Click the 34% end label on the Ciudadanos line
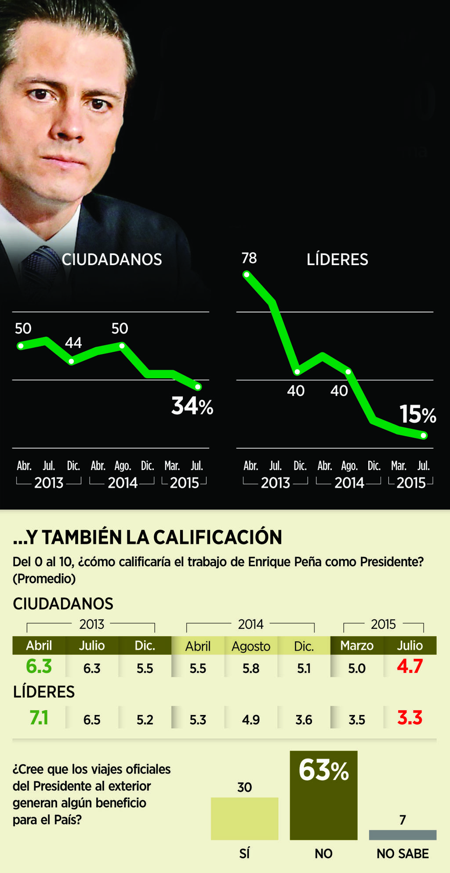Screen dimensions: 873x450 (192, 406)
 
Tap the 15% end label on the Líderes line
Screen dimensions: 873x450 (417, 414)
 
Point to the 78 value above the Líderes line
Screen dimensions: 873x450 (249, 258)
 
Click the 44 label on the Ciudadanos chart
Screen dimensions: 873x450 (73, 343)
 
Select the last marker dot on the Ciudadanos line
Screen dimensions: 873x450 (198, 387)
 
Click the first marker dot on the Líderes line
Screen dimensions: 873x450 (247, 275)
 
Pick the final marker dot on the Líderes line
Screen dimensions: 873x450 (424, 435)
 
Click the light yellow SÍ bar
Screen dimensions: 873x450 (244, 819)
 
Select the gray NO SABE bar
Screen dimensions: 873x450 (403, 835)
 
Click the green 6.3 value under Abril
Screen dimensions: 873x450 (39, 666)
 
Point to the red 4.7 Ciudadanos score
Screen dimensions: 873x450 (410, 666)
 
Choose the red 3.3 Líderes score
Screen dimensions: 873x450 (410, 718)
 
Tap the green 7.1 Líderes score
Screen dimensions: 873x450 (39, 718)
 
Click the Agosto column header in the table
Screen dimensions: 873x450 (251, 646)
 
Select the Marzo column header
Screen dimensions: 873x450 (357, 646)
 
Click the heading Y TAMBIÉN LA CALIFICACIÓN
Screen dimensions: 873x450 (148, 537)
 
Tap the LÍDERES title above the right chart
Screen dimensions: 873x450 (337, 259)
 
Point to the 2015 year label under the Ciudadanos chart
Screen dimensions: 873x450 (185, 483)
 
